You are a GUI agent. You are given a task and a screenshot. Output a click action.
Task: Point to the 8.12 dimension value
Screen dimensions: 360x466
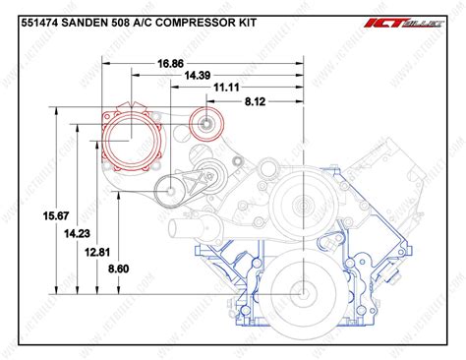[257, 99]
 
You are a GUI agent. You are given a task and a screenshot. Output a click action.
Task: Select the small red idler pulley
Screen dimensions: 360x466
[208, 124]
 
